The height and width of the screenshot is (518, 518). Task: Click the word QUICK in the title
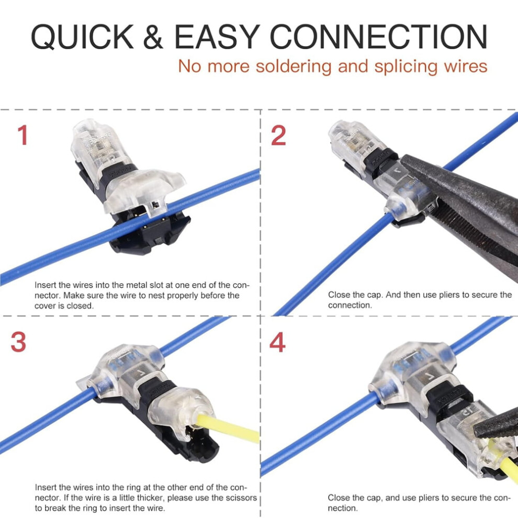click(82, 37)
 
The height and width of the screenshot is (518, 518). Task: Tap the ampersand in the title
click(153, 37)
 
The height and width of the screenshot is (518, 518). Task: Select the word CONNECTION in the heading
click(379, 37)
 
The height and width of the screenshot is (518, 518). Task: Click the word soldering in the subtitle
click(294, 66)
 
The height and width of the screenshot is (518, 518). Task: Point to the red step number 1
click(22, 135)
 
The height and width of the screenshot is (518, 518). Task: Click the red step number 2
click(278, 135)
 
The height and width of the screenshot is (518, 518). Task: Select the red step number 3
click(18, 342)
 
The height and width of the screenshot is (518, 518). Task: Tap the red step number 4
click(277, 342)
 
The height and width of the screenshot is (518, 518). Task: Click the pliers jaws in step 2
click(463, 205)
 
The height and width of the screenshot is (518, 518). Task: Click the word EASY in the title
click(217, 37)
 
